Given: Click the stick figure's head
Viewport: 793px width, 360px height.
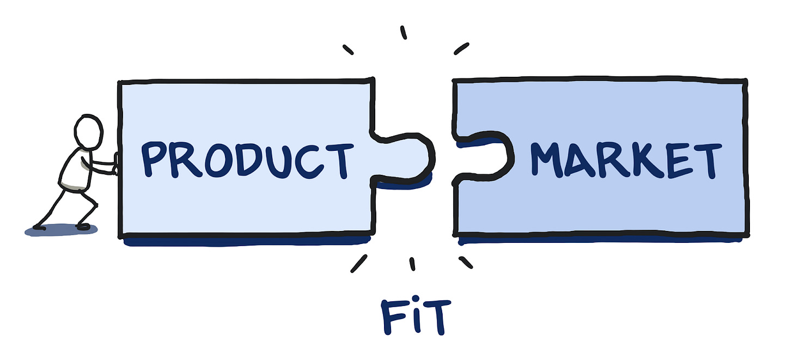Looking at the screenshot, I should [89, 131].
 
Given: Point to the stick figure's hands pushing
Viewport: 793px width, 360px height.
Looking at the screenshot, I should [114, 164].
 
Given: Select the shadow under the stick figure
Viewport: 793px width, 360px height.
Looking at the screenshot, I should [61, 230].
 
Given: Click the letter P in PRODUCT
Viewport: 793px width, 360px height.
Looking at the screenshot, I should [154, 159].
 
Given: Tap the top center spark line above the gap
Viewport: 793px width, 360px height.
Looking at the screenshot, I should [404, 33].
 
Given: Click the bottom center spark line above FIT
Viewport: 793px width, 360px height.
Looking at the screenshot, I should [412, 264].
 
